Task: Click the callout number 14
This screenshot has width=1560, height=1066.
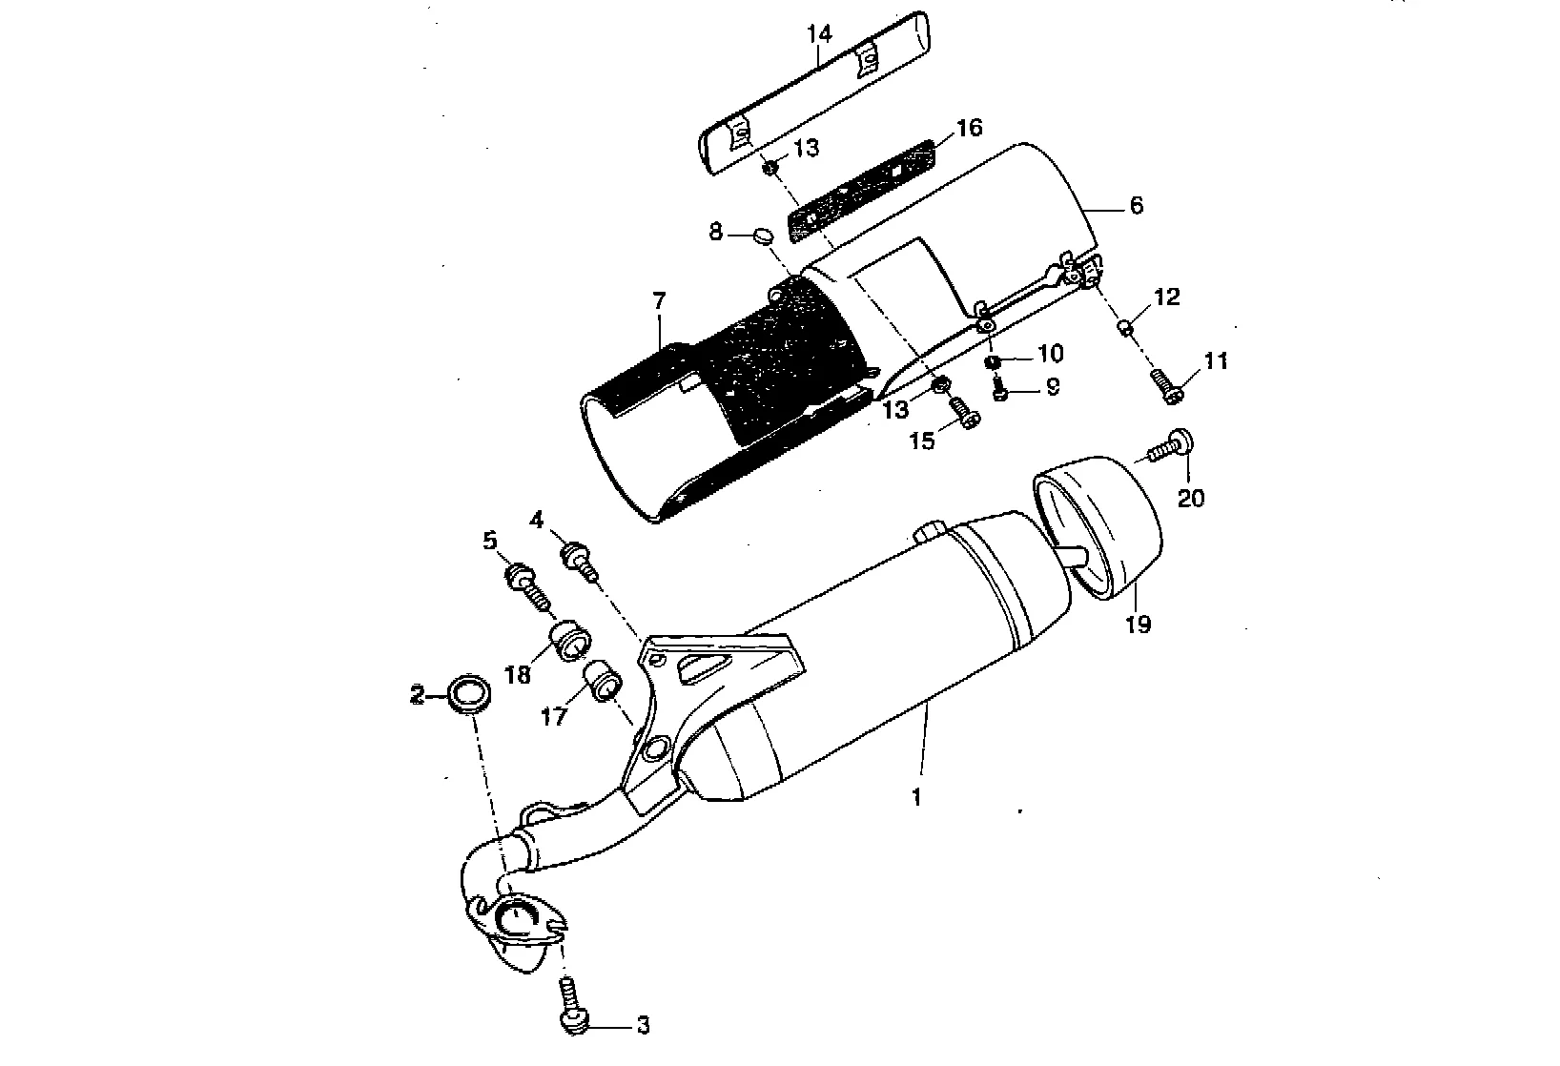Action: tap(819, 34)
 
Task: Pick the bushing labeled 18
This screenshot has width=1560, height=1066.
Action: tap(570, 639)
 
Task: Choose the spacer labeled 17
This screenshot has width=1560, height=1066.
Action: tap(603, 681)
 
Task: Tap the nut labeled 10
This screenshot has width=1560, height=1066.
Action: tap(992, 361)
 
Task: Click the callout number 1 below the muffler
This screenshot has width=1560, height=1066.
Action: tap(916, 797)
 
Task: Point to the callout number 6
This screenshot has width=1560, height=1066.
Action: tap(1135, 205)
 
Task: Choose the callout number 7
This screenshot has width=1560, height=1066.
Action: tap(658, 300)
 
